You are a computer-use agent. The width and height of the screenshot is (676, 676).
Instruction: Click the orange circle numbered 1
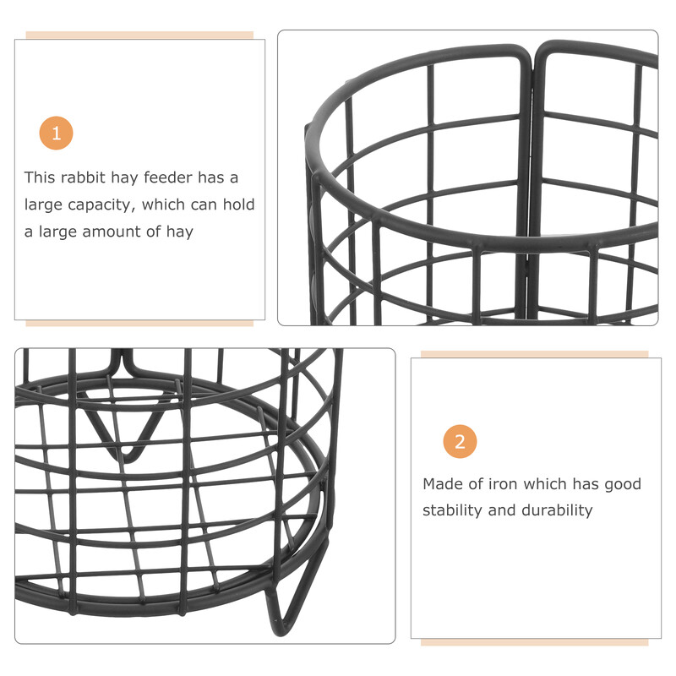[56, 134]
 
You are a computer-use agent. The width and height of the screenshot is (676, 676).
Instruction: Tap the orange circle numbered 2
[460, 441]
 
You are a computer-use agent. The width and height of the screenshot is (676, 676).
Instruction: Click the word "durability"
[557, 510]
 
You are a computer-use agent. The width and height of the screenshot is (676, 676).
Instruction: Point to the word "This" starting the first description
[40, 177]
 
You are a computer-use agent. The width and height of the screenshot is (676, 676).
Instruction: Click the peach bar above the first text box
[139, 35]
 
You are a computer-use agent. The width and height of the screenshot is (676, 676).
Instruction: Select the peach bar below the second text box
[535, 642]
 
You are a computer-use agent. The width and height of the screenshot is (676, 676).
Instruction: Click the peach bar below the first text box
[139, 324]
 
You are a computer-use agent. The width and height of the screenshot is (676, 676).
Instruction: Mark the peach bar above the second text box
[535, 354]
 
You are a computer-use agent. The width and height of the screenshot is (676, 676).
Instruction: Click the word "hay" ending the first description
[180, 232]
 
